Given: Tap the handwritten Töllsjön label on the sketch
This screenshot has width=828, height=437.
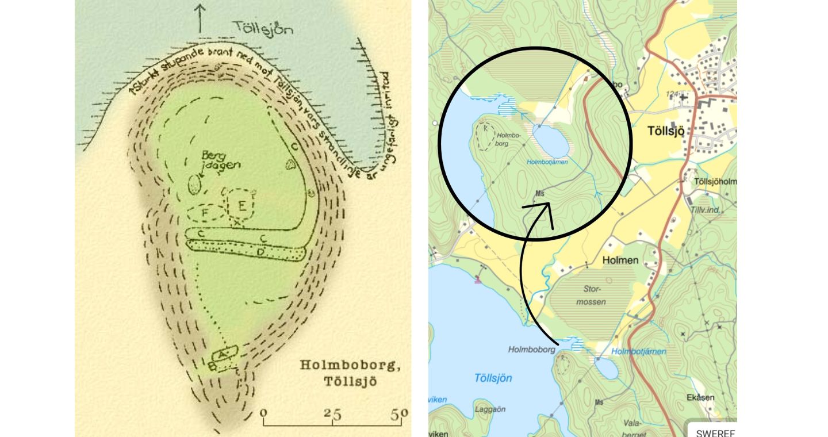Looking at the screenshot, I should coord(263,28).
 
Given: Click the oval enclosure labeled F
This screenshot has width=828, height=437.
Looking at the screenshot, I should coord(205,213).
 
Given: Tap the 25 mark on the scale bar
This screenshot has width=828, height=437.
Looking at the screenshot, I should coord(332,413).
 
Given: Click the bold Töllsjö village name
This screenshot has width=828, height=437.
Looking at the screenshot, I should coord(665,131).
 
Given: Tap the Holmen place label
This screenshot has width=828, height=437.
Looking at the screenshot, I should coord(620,260).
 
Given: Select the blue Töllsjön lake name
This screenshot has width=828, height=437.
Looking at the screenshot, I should coord(493,378).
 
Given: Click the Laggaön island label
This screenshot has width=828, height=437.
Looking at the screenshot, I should coord(490,409).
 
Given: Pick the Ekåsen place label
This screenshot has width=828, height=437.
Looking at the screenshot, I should coord(700,397).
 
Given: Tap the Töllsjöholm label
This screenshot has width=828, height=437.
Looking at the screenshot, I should coord(715,182).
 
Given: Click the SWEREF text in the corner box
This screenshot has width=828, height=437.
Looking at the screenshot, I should coord(715,433).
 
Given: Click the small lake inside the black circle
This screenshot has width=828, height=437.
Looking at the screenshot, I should coord(551,141).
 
